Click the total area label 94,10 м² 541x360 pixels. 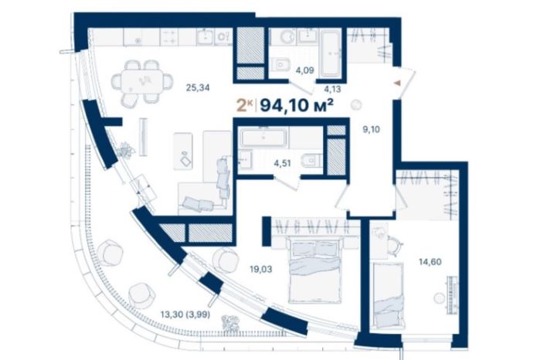click(x=296, y=105)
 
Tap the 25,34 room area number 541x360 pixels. click(x=198, y=87)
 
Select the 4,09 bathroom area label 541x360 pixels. click(x=305, y=70)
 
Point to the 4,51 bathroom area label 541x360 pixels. click(x=282, y=163)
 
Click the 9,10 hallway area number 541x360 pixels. click(x=371, y=130)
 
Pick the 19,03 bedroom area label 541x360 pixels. click(x=261, y=269)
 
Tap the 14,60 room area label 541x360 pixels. click(x=430, y=262)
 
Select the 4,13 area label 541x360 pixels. click(x=332, y=90)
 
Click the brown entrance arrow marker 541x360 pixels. click(x=397, y=83)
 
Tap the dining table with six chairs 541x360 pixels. click(x=141, y=82)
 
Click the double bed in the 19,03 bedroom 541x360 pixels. click(x=314, y=271)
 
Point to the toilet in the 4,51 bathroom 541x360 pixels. click(x=311, y=161)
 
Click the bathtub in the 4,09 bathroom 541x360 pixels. click(x=331, y=54)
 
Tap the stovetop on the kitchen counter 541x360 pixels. click(x=169, y=37)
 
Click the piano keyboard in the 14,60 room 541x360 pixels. click(x=453, y=295)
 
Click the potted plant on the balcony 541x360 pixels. click(x=230, y=323)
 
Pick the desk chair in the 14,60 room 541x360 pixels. click(x=395, y=244)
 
